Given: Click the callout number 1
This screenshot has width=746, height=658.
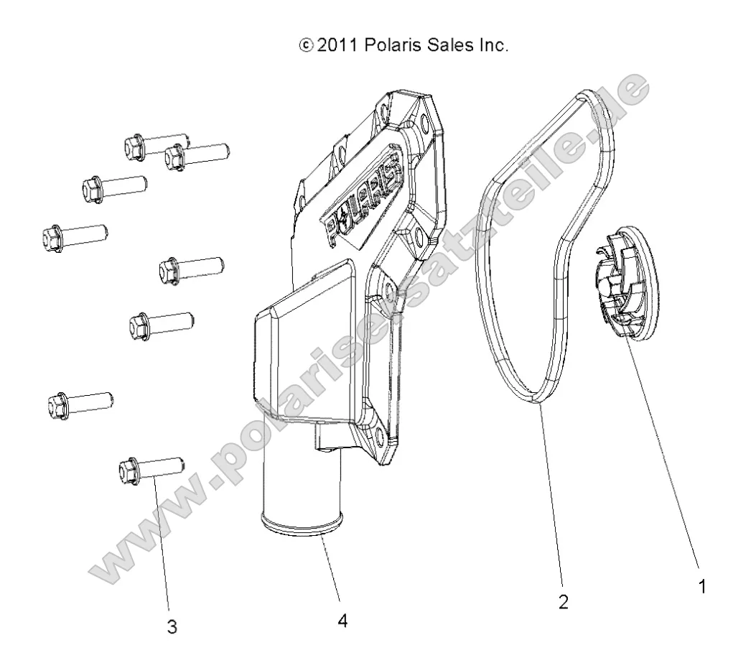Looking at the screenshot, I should pos(703,587).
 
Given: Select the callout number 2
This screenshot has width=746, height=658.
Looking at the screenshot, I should pos(564,602).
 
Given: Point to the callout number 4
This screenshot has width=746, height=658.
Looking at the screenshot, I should pos(343,620).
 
